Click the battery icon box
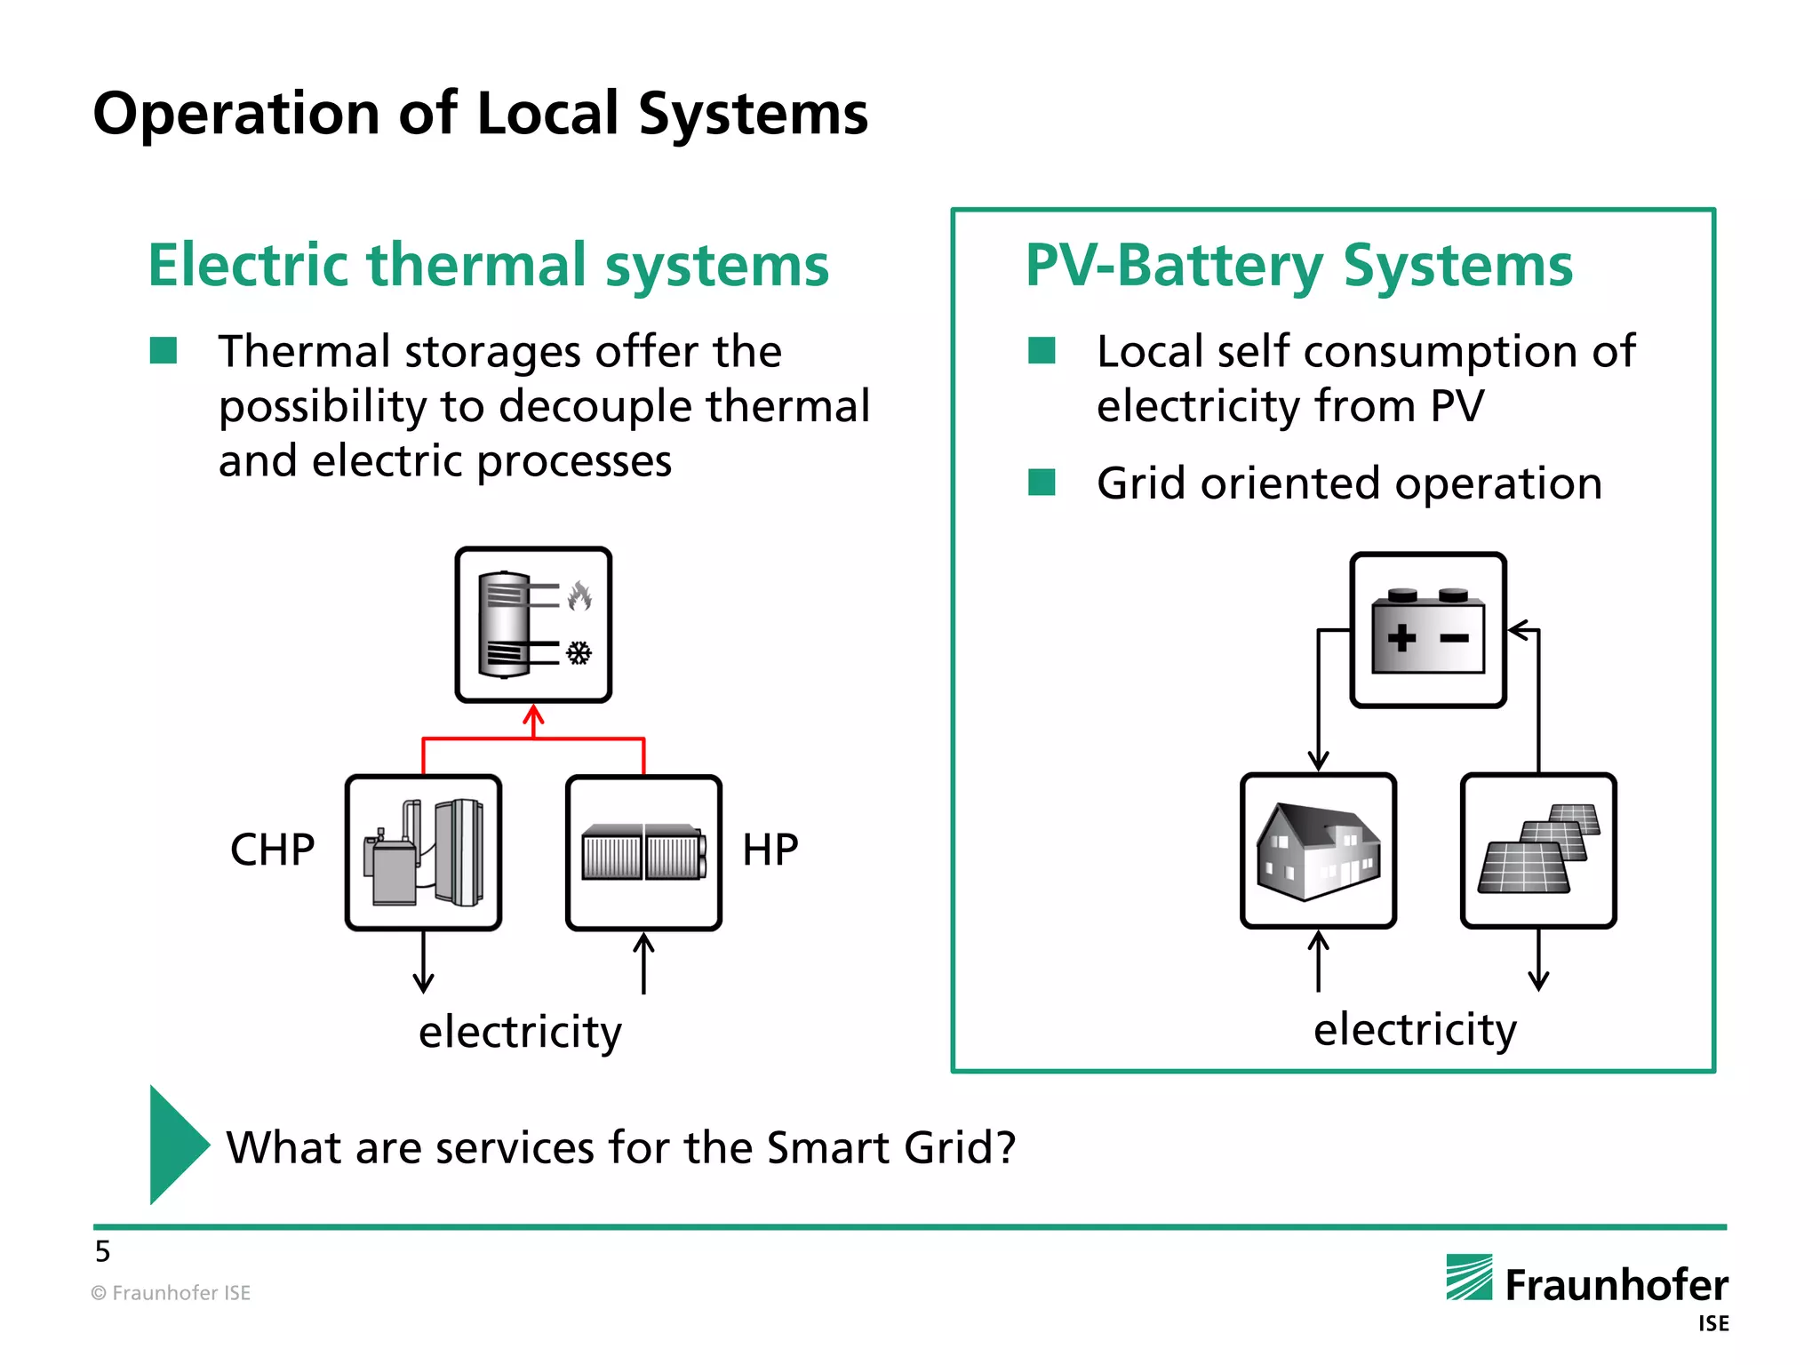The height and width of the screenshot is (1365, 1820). tap(1427, 630)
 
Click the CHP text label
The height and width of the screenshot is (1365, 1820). tap(272, 850)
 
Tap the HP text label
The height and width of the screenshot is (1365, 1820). tap(770, 850)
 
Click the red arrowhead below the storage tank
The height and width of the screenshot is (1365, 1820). tap(533, 714)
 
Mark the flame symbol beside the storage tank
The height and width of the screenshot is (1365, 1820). tap(580, 596)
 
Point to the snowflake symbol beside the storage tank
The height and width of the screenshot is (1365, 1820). tap(579, 654)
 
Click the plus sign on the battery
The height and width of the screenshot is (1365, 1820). tap(1402, 637)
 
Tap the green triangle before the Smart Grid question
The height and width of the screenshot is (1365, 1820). tap(177, 1145)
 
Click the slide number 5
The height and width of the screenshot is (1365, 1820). tap(103, 1251)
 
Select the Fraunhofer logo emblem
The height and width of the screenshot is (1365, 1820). tap(1469, 1277)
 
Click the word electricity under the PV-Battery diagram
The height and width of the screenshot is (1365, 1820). tap(1415, 1029)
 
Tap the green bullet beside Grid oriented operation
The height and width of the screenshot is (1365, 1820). tap(1042, 483)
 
